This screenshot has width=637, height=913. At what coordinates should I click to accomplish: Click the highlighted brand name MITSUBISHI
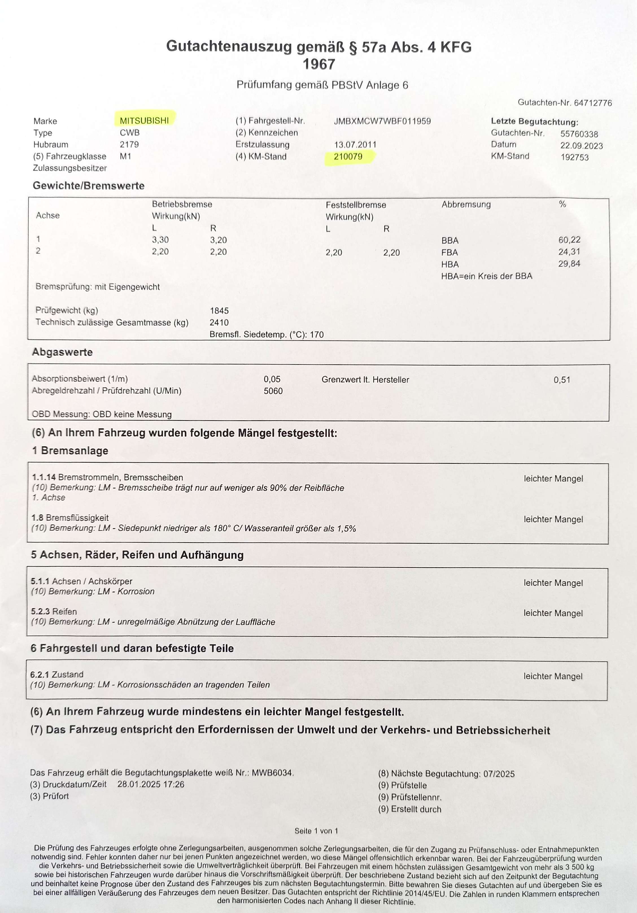144,121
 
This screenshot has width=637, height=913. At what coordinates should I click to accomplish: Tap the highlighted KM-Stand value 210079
348,157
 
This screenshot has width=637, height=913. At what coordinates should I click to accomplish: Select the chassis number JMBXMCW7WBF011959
382,121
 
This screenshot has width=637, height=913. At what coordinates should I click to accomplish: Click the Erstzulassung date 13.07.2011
355,145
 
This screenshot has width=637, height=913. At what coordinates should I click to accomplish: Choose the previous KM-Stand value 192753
575,157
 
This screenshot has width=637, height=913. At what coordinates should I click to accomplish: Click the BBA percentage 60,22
569,240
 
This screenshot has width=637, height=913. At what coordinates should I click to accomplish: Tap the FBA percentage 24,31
569,252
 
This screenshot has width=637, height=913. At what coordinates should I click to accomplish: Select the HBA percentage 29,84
569,264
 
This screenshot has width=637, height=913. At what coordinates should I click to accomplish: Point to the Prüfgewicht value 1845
219,310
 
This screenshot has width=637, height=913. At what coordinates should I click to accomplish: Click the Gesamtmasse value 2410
219,323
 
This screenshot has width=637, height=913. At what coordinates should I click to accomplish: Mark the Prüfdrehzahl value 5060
273,391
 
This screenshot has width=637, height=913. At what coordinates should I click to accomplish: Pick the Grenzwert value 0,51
562,380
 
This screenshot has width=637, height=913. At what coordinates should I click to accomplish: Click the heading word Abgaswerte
62,352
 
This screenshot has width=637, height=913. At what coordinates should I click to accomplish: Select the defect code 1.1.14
44,477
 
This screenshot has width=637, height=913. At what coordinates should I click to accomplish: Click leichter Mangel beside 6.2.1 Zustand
553,676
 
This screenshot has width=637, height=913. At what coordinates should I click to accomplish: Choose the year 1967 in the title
319,64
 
